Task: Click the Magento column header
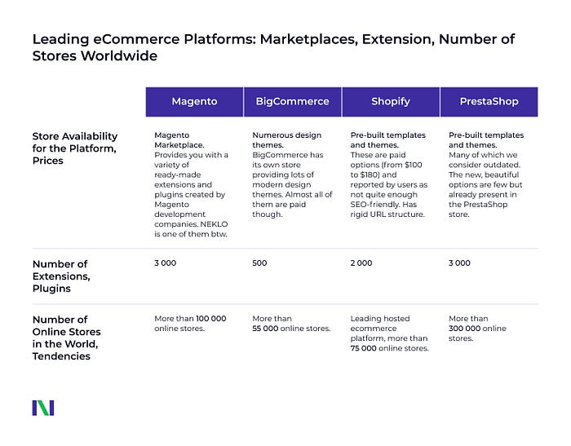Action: [x=194, y=102]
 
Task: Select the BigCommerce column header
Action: [x=292, y=102]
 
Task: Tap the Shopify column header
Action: [x=391, y=102]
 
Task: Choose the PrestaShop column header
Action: [x=489, y=102]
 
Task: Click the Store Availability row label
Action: [x=75, y=148]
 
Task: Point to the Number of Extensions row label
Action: [x=61, y=276]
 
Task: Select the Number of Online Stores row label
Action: [x=67, y=338]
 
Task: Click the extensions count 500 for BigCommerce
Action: [x=259, y=263]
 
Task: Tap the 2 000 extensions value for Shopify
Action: [x=361, y=263]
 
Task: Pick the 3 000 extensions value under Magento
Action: [x=166, y=263]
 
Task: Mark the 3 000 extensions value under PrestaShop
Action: [x=459, y=263]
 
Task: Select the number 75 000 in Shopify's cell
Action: [x=364, y=348]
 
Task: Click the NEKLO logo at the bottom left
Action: [x=43, y=408]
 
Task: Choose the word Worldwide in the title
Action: [x=119, y=55]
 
